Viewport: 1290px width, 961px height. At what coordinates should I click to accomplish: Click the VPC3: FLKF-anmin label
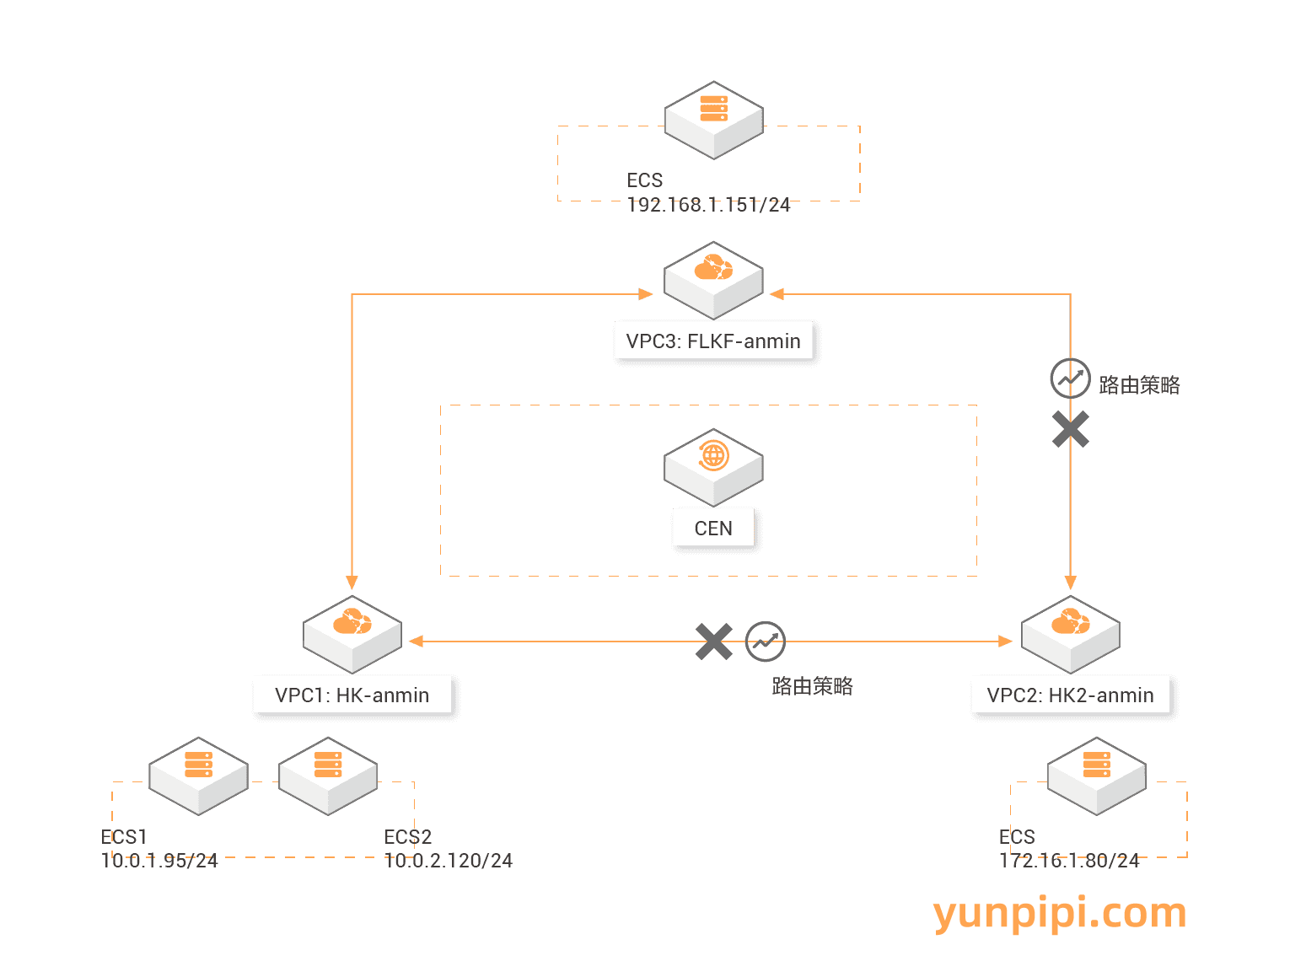click(x=713, y=341)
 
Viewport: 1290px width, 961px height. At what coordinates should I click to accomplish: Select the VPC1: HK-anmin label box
click(x=352, y=695)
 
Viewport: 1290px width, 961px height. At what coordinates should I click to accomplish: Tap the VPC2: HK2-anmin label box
click(x=1070, y=695)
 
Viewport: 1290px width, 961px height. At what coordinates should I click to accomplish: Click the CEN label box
click(x=713, y=529)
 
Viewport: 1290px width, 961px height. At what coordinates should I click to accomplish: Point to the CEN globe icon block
click(x=713, y=465)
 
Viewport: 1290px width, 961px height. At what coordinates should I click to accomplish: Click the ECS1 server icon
click(x=198, y=775)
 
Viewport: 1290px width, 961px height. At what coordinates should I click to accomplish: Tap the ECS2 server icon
click(x=328, y=775)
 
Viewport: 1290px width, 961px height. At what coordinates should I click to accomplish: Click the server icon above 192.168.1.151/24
click(x=713, y=119)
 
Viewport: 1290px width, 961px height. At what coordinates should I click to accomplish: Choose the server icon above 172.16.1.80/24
click(x=1096, y=775)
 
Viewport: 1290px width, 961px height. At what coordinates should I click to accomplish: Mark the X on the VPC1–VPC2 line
click(x=713, y=642)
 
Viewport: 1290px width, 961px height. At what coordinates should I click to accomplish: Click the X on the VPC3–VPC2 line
click(x=1070, y=429)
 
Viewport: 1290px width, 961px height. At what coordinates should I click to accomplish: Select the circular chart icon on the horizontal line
click(x=765, y=642)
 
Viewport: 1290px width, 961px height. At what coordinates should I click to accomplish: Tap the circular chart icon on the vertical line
click(x=1070, y=378)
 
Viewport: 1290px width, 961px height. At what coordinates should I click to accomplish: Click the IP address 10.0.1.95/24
click(x=159, y=861)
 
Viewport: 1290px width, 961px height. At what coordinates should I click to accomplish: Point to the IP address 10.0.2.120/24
click(x=449, y=861)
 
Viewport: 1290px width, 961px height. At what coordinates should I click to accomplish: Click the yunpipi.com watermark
click(x=1060, y=914)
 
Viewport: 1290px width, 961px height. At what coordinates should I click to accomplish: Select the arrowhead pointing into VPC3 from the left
click(x=646, y=294)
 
